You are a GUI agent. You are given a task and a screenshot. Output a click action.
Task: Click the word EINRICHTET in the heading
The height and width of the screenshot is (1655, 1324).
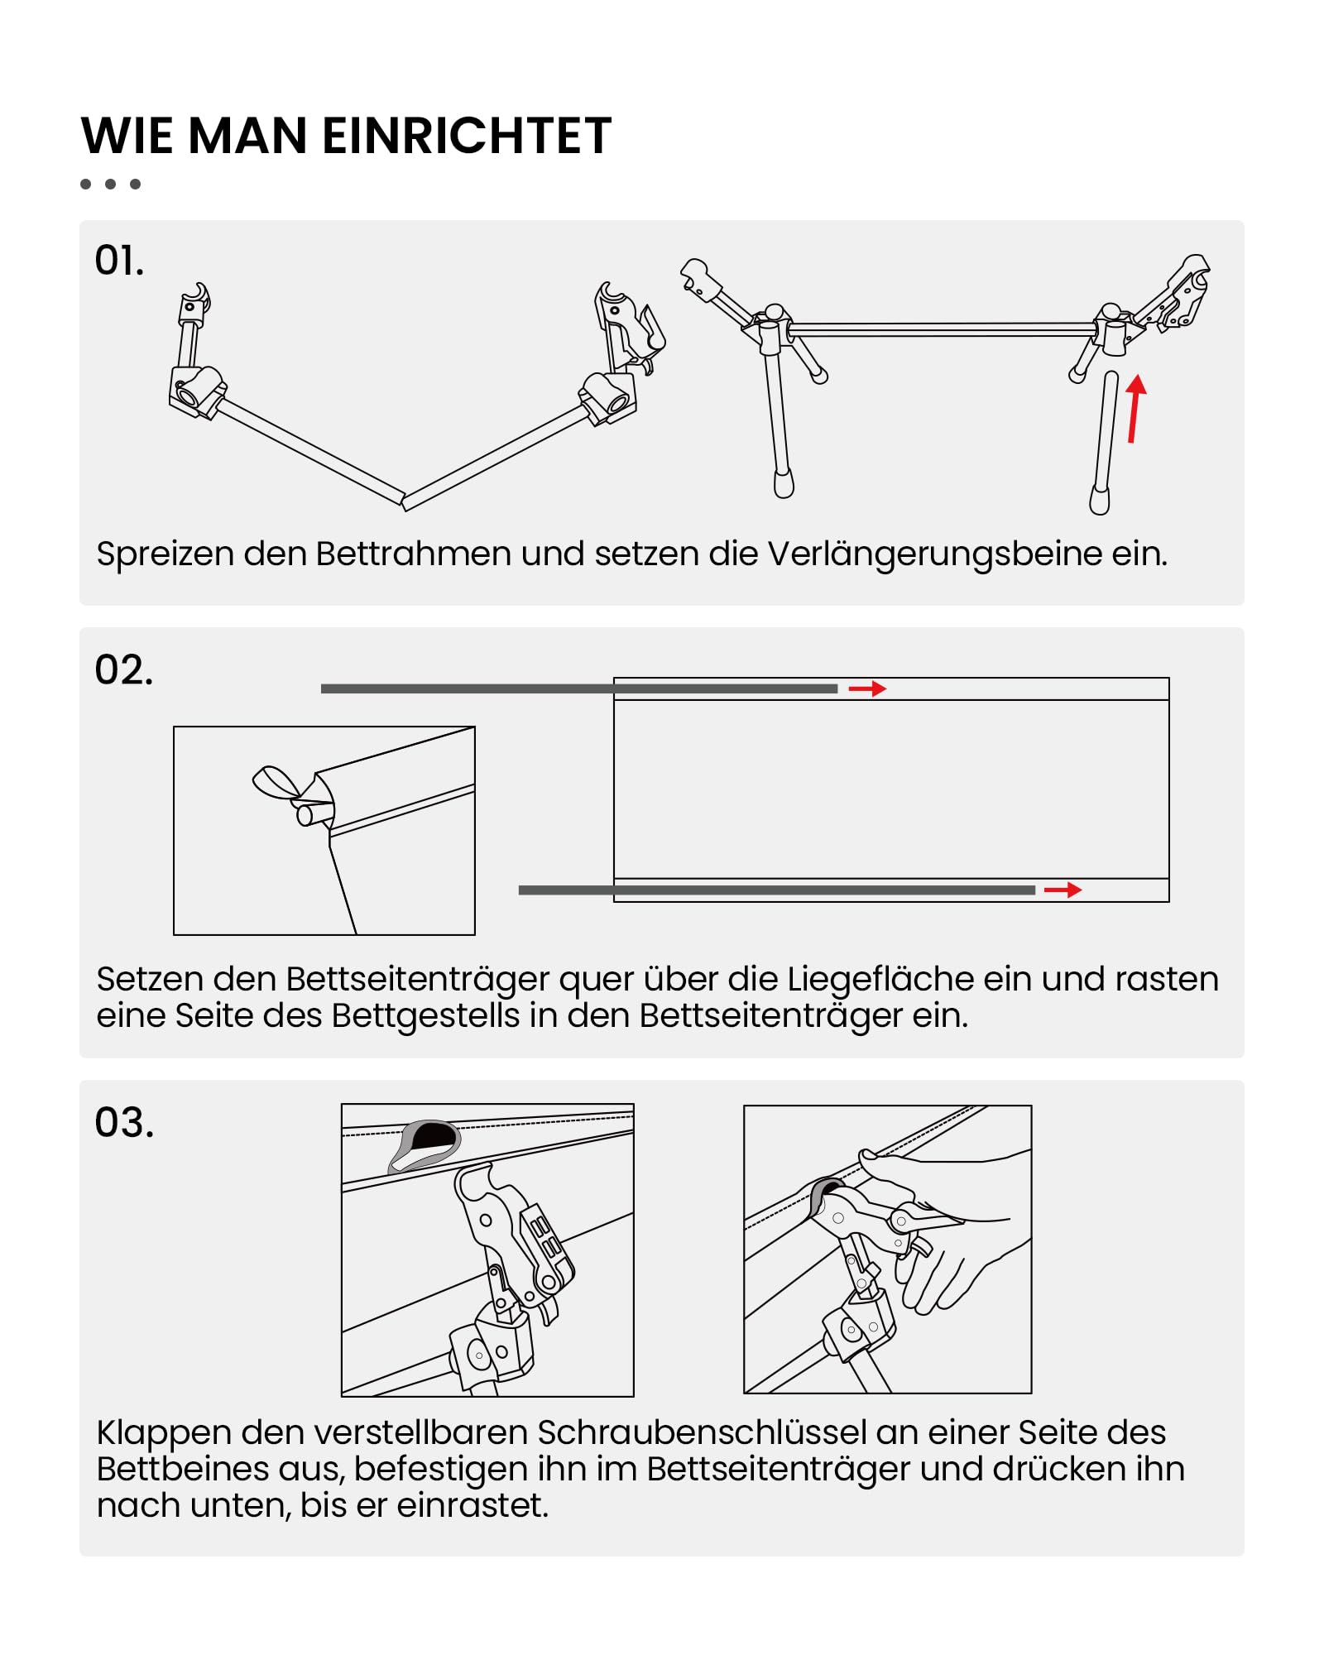click(467, 136)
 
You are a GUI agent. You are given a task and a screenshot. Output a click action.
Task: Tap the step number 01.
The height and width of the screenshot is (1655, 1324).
click(119, 261)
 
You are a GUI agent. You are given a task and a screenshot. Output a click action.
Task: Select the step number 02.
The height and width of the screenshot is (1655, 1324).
click(124, 669)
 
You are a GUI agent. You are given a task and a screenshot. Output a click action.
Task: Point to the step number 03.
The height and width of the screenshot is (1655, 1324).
click(124, 1122)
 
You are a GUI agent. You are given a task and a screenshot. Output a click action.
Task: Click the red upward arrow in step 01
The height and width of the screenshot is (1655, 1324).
click(1135, 408)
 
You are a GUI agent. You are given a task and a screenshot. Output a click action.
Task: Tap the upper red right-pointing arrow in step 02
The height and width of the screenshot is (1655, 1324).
click(867, 688)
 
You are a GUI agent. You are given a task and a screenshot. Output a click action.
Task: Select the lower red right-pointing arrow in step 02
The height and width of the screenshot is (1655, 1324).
click(1063, 890)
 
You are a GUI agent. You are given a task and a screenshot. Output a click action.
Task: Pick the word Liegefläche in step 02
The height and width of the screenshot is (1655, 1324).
click(880, 979)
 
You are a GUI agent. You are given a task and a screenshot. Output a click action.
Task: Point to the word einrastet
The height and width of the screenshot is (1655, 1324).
click(473, 1505)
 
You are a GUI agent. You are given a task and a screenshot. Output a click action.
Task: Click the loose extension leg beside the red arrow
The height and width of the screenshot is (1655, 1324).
click(1103, 443)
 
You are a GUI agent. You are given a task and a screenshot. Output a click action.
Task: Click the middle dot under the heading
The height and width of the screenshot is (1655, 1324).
click(110, 184)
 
